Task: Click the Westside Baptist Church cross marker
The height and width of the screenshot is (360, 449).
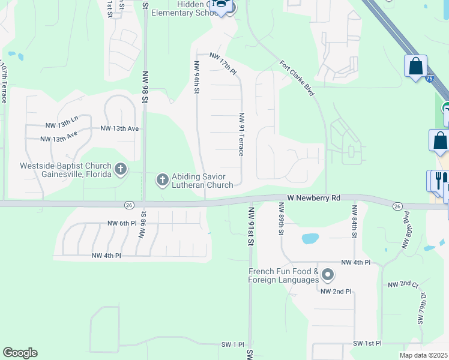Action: tap(121, 169)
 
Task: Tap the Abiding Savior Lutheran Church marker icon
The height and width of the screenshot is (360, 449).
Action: tap(162, 179)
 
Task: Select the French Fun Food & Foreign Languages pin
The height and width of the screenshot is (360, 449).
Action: tap(328, 275)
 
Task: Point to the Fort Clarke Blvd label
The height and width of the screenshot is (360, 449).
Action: tap(297, 77)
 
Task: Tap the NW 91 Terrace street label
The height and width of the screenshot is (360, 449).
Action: tap(241, 134)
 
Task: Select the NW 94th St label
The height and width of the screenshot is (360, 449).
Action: tap(196, 77)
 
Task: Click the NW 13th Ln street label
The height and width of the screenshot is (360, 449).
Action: tap(62, 125)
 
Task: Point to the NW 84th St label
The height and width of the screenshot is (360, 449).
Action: tap(355, 221)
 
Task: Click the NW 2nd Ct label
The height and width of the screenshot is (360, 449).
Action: tap(403, 284)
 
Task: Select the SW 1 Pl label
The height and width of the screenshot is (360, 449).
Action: tap(231, 345)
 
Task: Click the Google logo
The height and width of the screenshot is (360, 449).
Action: tap(20, 353)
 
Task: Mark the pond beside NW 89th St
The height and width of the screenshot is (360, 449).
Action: tap(309, 238)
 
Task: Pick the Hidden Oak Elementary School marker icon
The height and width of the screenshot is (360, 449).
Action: tap(221, 6)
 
